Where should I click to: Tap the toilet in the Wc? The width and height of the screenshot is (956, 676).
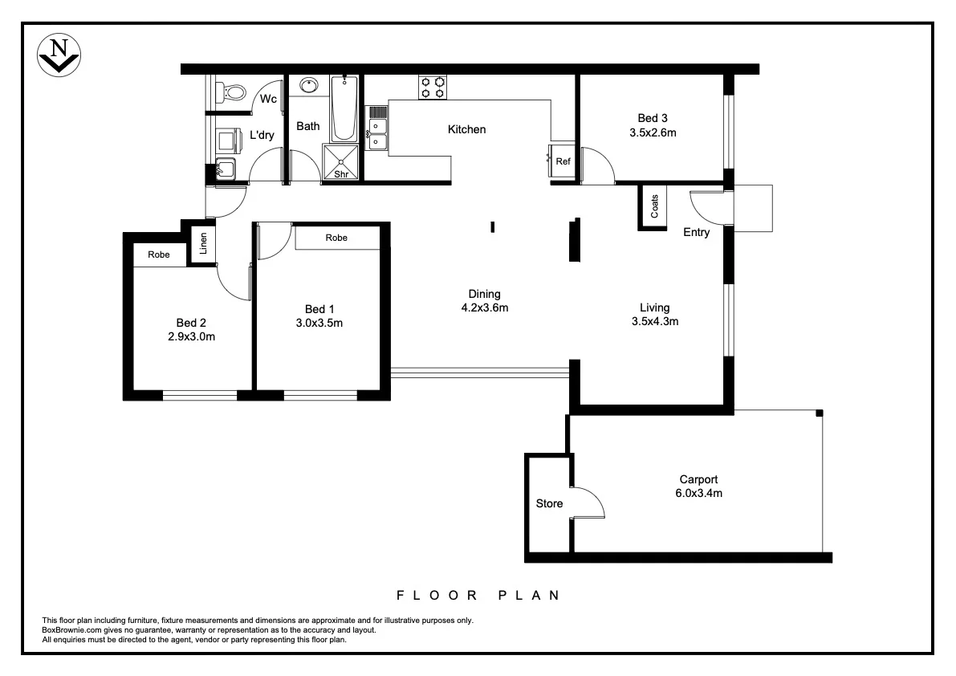pyautogui.click(x=233, y=92)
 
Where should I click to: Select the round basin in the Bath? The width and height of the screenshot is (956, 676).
pyautogui.click(x=308, y=85)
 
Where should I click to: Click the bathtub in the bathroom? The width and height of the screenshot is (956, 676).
pyautogui.click(x=345, y=108)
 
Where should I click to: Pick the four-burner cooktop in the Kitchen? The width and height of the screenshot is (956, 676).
pyautogui.click(x=433, y=87)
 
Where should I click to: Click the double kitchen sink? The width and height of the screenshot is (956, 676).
pyautogui.click(x=377, y=133)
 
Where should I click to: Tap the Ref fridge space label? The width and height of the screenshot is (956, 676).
pyautogui.click(x=563, y=162)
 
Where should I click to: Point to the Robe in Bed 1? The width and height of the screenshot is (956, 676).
pyautogui.click(x=337, y=238)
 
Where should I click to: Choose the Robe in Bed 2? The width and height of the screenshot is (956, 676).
pyautogui.click(x=159, y=255)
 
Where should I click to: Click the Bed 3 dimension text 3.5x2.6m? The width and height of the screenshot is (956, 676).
pyautogui.click(x=652, y=132)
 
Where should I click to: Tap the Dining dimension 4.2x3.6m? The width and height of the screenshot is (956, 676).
pyautogui.click(x=485, y=307)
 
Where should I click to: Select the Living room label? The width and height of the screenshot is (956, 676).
pyautogui.click(x=654, y=307)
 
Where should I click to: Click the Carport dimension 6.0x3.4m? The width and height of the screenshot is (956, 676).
pyautogui.click(x=698, y=493)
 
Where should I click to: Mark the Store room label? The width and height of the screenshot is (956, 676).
pyautogui.click(x=549, y=503)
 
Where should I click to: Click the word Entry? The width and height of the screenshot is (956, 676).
pyautogui.click(x=696, y=233)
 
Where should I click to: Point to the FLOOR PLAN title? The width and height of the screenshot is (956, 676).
pyautogui.click(x=478, y=596)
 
